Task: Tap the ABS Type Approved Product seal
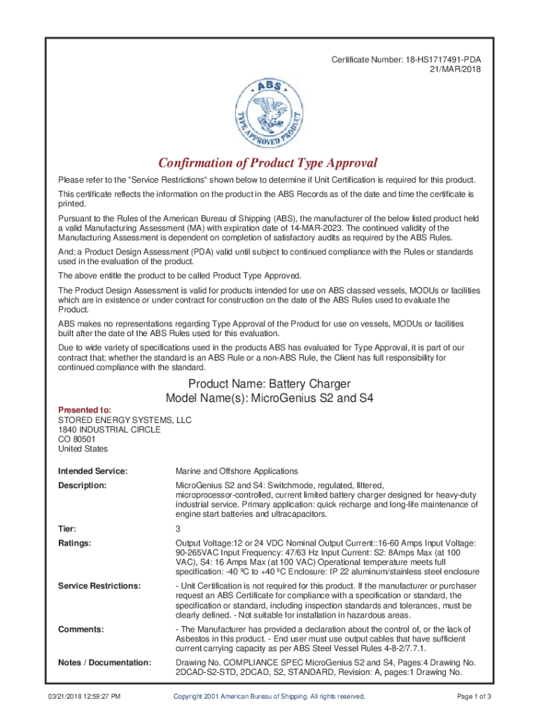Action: click(269, 111)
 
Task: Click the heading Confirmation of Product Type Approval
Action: click(268, 163)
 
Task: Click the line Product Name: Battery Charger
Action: click(269, 384)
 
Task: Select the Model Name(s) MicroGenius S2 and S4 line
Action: click(269, 398)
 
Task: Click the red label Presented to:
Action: click(84, 410)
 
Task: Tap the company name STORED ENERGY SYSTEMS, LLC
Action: click(125, 420)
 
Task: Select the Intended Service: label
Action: click(92, 471)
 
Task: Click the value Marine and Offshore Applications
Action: click(237, 471)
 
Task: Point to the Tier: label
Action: click(67, 529)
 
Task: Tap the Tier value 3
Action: click(178, 529)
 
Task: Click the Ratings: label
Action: click(75, 543)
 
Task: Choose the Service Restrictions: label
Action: click(99, 585)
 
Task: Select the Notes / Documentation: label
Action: click(104, 662)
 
